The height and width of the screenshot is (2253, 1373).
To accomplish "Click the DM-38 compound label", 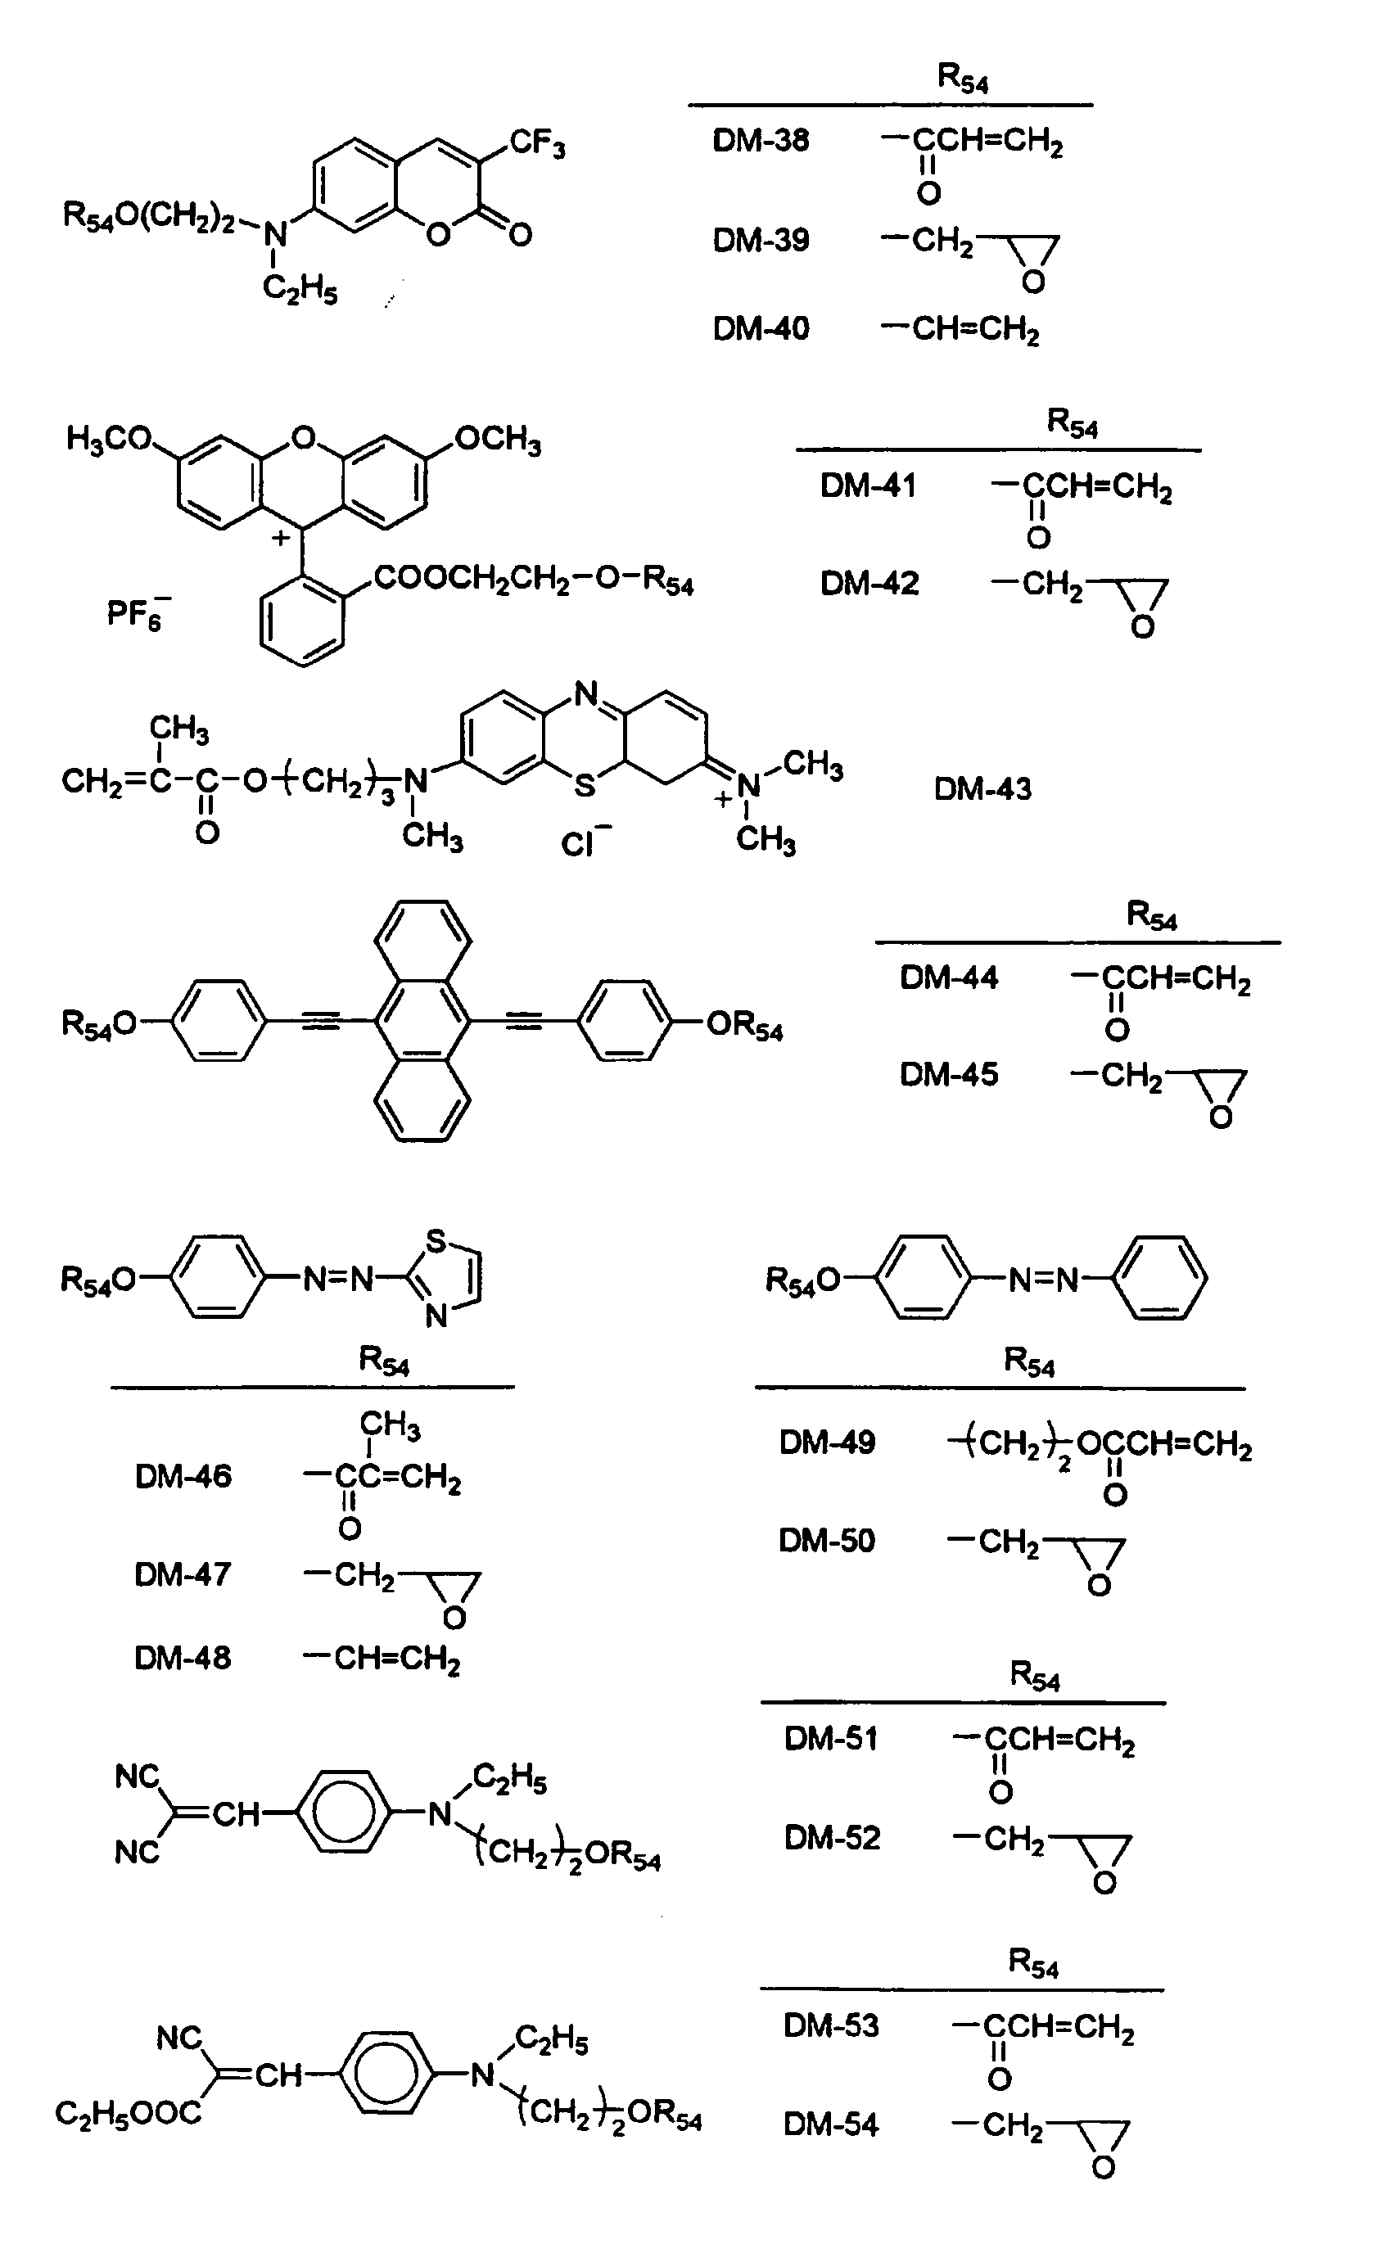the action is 761,141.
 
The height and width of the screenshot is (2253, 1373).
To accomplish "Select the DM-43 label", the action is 982,789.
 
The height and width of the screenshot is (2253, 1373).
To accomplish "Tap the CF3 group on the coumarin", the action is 538,144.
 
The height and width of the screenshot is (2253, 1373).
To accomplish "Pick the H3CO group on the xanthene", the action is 109,440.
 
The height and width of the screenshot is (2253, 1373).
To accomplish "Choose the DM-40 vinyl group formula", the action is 960,330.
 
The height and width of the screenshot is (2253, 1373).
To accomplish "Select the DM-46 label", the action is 183,1477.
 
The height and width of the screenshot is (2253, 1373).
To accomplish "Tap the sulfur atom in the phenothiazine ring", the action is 585,785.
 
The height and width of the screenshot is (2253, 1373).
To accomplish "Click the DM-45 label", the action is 949,1074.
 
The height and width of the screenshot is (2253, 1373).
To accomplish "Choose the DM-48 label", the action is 183,1658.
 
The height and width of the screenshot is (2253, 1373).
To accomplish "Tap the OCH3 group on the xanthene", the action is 498,440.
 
